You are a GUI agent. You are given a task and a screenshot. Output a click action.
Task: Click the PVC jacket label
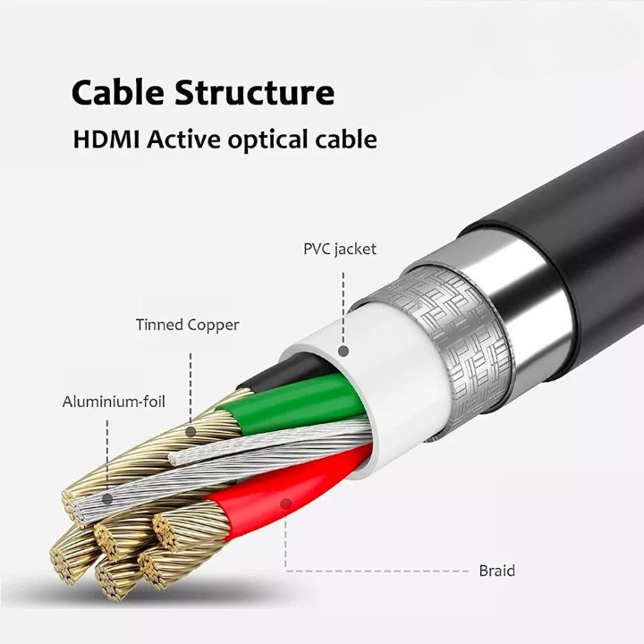tap(340, 250)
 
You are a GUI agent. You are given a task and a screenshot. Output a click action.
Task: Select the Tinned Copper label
tap(188, 325)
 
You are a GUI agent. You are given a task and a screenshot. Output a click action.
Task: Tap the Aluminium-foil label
tap(114, 402)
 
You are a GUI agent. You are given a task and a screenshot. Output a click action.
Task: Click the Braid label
tap(496, 570)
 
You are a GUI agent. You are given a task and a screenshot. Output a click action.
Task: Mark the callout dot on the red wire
tap(286, 504)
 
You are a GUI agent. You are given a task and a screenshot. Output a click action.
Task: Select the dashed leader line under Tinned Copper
tap(191, 385)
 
